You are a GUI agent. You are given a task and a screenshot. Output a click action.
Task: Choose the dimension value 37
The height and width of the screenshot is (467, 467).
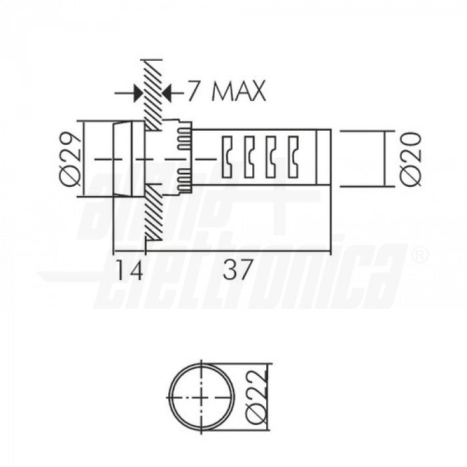(x=237, y=270)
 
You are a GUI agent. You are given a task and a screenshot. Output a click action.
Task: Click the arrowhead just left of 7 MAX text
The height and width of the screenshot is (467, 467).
(x=168, y=92)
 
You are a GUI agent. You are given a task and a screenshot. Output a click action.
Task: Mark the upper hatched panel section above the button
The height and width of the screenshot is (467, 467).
(x=153, y=93)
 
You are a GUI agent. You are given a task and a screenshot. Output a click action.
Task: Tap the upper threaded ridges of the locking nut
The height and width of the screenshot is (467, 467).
(x=184, y=137)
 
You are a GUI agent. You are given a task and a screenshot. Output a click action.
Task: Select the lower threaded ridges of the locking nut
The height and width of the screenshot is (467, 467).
(x=184, y=179)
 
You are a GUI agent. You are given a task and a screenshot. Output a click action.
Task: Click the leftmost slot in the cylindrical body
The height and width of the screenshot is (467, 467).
(x=227, y=157)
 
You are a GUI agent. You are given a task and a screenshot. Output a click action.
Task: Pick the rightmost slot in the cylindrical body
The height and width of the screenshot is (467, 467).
(x=293, y=157)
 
